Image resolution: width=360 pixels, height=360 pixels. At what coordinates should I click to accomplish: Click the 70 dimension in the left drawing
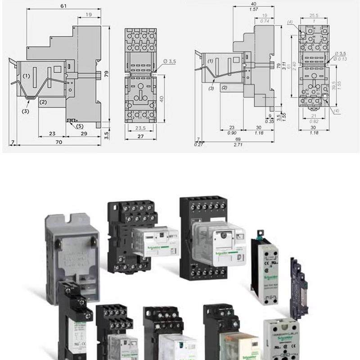(59, 142)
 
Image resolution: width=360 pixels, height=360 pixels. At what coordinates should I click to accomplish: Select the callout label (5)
(79, 126)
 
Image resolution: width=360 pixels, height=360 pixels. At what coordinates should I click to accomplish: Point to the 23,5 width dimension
(140, 128)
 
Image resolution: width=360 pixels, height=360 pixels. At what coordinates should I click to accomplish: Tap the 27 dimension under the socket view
(140, 136)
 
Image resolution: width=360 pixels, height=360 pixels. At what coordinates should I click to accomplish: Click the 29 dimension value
(84, 134)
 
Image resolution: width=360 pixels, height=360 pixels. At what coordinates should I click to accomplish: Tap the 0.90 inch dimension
(232, 133)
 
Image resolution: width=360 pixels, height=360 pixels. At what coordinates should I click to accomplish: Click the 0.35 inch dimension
(270, 121)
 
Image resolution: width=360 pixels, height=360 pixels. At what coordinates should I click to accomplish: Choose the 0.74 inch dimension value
(265, 21)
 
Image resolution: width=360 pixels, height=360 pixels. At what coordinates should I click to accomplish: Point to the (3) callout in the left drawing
(26, 111)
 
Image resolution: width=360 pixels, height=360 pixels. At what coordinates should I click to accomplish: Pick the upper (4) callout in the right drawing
(290, 22)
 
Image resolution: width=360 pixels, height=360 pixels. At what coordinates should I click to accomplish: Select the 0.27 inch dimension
(198, 144)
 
